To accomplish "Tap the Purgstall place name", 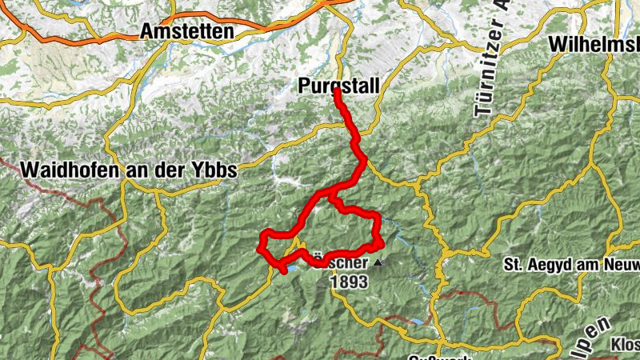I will (x=337, y=85).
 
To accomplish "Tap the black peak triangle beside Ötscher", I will (x=378, y=262).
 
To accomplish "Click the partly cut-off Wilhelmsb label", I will (x=594, y=45).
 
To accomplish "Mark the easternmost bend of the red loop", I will (x=382, y=242).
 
